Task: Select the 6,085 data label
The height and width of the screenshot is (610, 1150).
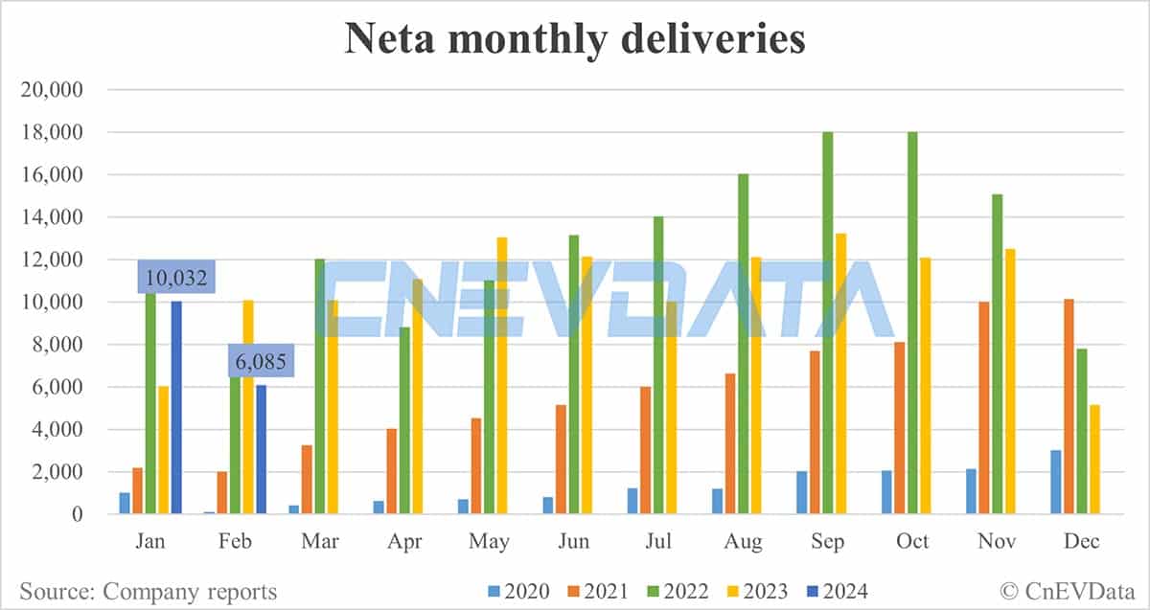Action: [x=261, y=363]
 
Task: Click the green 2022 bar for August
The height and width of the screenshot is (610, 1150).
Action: [x=743, y=345]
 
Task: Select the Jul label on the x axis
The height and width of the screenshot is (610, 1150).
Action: [x=657, y=542]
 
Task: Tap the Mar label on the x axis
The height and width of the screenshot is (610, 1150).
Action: [x=320, y=542]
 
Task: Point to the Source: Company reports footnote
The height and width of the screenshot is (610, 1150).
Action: [x=148, y=592]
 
